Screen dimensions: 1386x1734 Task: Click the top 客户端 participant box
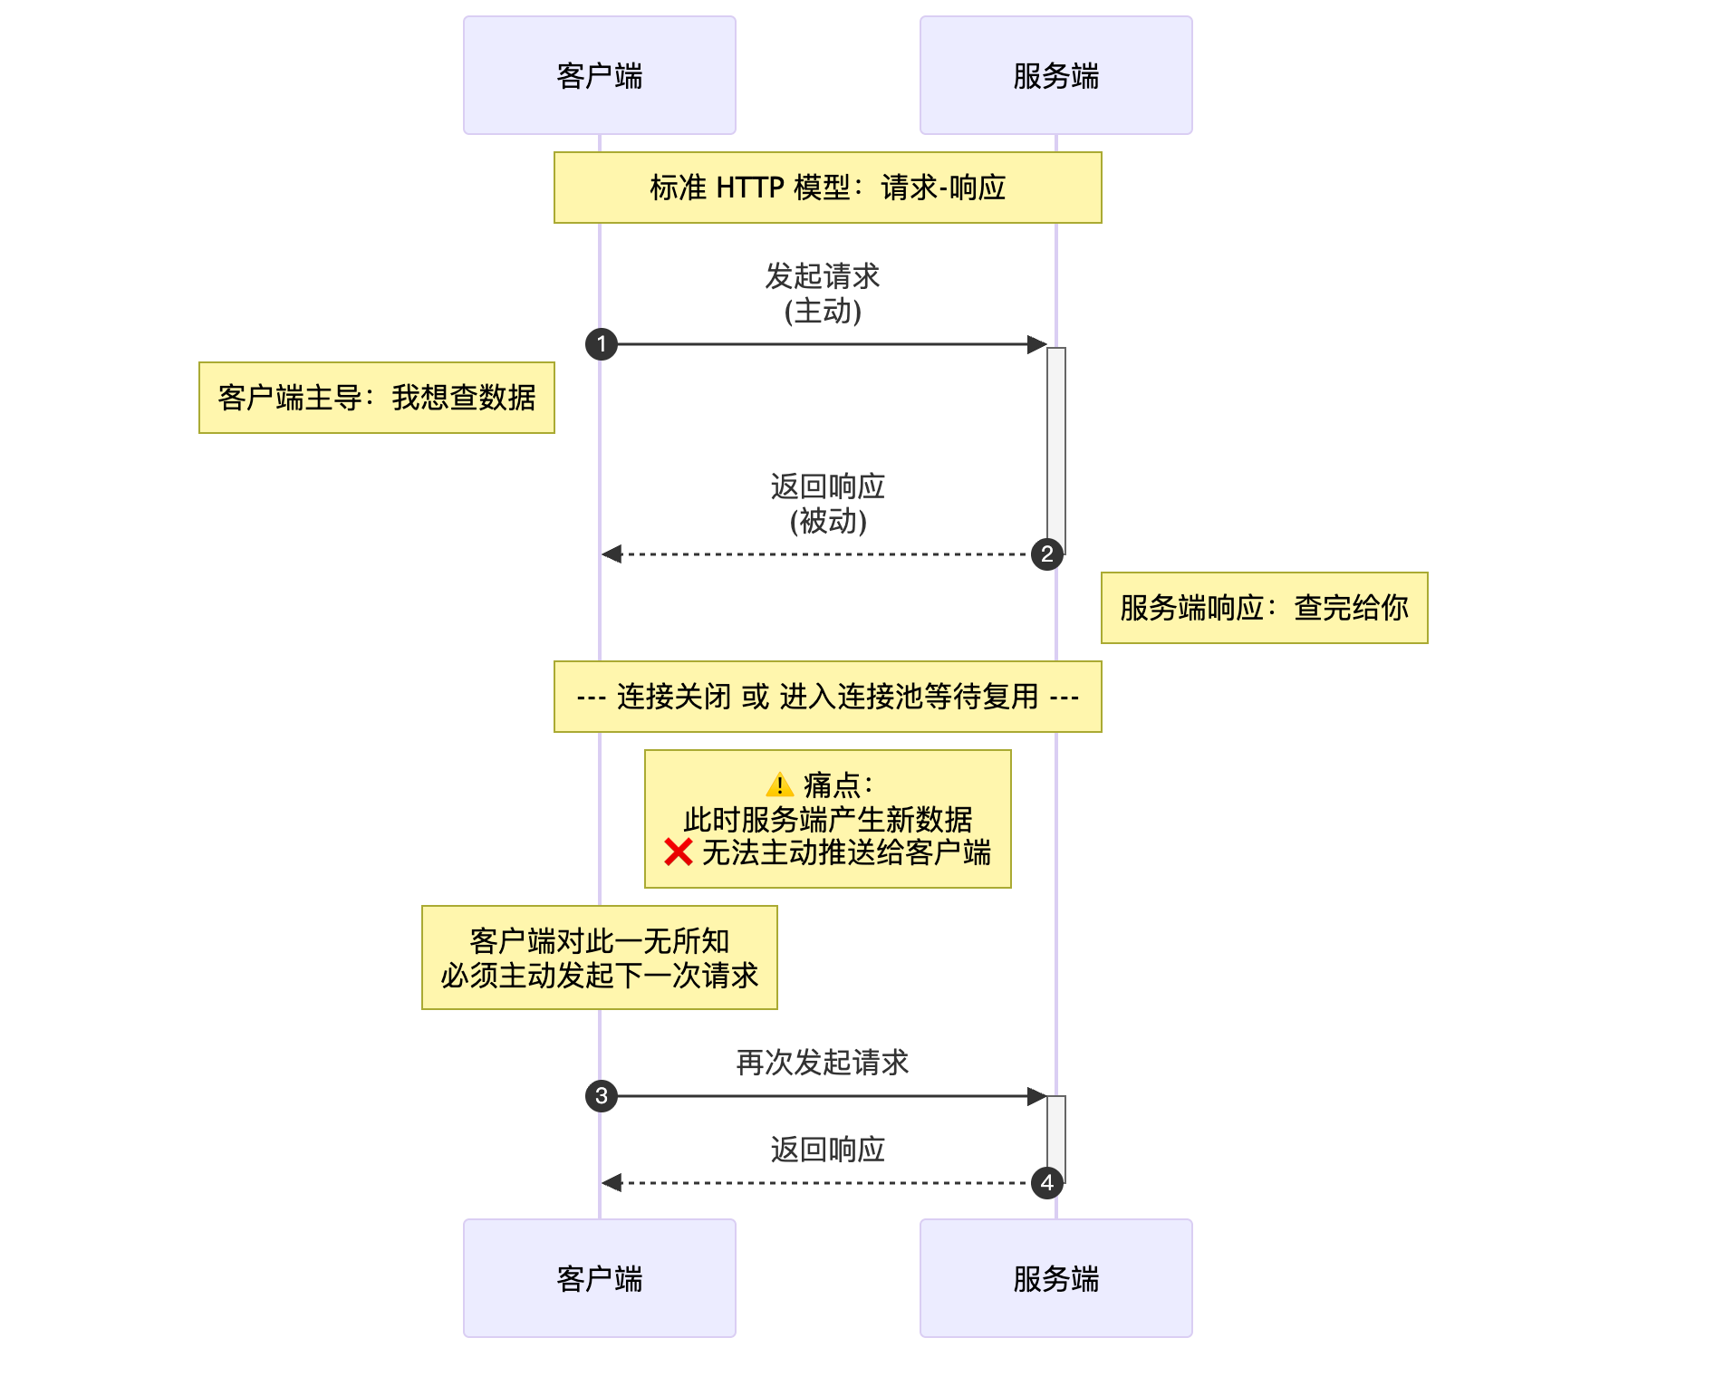coord(599,75)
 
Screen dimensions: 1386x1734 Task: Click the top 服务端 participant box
coord(1055,75)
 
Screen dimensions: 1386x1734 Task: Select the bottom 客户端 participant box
coord(599,1277)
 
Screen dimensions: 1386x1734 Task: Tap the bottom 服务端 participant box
coord(1055,1277)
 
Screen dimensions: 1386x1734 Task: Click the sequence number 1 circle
coord(602,344)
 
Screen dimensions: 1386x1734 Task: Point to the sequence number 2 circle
coord(1047,554)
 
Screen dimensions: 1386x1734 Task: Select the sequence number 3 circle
coord(602,1096)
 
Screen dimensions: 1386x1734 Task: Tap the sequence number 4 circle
coord(1047,1183)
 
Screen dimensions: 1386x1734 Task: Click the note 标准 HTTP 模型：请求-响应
coord(827,188)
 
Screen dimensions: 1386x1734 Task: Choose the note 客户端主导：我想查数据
coord(376,398)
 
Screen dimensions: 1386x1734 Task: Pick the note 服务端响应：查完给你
coord(1264,608)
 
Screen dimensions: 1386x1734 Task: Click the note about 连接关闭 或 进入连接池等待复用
coord(827,697)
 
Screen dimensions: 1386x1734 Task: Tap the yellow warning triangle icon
coord(779,784)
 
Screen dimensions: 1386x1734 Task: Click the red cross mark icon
coord(678,852)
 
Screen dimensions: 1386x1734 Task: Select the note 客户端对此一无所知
coord(599,958)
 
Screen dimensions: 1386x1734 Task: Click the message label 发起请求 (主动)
coord(823,294)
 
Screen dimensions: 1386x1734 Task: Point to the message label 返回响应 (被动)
coord(827,504)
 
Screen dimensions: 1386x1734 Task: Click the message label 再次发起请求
coord(823,1063)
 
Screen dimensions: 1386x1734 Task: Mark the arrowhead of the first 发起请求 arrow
coord(1037,344)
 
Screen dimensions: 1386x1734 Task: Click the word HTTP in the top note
coord(749,188)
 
